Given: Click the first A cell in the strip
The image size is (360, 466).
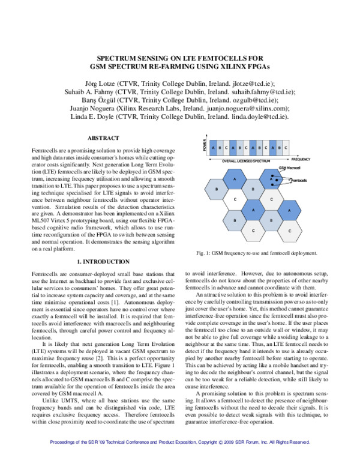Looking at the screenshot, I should (213, 148).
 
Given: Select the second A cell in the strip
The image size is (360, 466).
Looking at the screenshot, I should (233, 148).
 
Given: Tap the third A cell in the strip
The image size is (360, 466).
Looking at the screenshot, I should (253, 148).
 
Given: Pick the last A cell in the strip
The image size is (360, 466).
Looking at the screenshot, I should (273, 148).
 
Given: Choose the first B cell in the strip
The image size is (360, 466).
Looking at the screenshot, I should (220, 148).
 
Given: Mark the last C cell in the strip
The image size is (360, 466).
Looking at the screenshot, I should (286, 148).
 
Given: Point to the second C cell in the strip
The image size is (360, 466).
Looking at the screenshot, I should (246, 148).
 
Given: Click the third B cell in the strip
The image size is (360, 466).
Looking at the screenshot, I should (259, 148).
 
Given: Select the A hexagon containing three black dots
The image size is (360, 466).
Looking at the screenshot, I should (270, 179).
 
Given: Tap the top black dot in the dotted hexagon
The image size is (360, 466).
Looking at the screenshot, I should (272, 175).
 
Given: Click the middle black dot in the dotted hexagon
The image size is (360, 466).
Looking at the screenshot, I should (277, 180).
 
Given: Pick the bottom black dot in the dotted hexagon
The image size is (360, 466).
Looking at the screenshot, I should (272, 184).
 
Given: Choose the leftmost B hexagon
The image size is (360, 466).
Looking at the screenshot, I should (216, 189).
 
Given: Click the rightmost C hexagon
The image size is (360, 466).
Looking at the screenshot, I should (290, 231).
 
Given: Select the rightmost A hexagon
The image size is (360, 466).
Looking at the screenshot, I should (289, 210).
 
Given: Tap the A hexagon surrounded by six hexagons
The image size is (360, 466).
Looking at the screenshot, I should (253, 210).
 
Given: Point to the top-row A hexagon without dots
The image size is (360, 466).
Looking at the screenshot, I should (235, 179).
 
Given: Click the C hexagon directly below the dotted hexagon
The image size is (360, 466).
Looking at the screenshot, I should (271, 199).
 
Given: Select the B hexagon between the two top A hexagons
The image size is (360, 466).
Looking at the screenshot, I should (253, 189).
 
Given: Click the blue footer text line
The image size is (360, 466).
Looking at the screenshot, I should (180, 442).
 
